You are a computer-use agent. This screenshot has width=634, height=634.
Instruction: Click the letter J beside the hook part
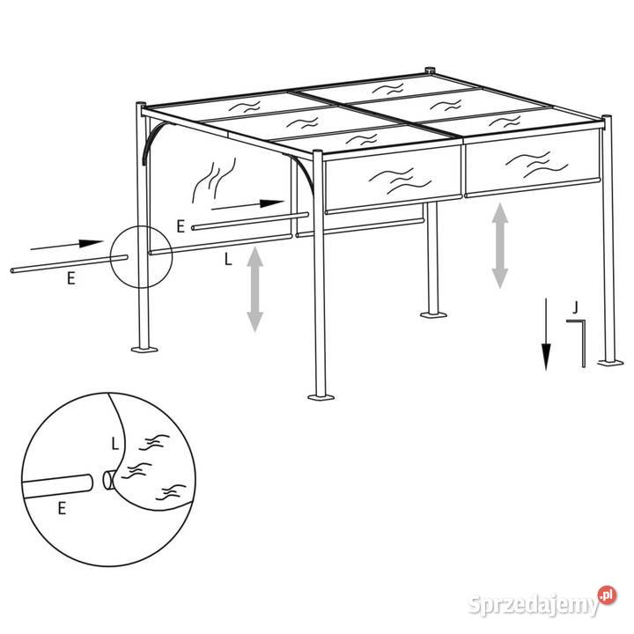click(575, 307)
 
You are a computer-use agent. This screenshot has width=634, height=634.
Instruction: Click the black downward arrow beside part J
click(546, 334)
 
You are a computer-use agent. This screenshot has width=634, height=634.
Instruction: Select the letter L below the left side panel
click(228, 259)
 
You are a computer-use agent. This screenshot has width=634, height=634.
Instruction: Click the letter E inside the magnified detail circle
click(62, 508)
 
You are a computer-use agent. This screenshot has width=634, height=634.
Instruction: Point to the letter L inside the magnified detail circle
click(115, 444)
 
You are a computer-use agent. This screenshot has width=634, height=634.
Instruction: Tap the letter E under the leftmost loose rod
click(71, 278)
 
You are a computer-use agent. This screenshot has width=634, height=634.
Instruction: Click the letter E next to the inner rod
click(181, 226)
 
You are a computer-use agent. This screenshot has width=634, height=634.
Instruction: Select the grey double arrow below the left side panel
click(255, 289)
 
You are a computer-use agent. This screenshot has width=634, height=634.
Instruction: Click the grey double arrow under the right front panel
click(500, 246)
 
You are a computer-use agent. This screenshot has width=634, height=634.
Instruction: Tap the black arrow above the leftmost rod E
click(67, 245)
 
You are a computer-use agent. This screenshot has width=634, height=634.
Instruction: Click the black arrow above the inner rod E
click(247, 204)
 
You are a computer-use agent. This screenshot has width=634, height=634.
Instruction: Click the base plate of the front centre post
click(321, 396)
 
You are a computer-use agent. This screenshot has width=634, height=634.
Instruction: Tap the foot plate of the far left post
click(144, 349)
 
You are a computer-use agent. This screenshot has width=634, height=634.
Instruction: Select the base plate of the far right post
click(610, 363)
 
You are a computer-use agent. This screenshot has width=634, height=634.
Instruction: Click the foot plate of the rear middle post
click(433, 314)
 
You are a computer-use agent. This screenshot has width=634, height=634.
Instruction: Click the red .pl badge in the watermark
click(607, 595)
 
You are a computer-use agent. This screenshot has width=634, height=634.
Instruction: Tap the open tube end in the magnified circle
click(107, 480)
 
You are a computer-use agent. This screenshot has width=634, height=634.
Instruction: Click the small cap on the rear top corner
click(430, 70)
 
